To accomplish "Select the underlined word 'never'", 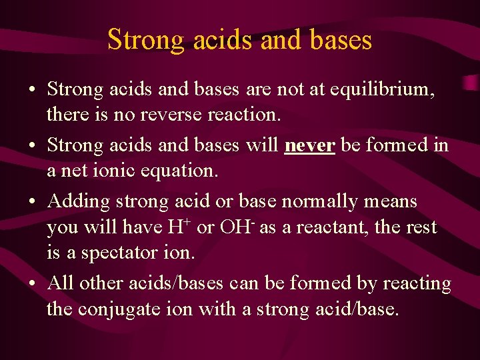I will click(x=309, y=145).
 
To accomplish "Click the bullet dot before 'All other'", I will click(x=33, y=284).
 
